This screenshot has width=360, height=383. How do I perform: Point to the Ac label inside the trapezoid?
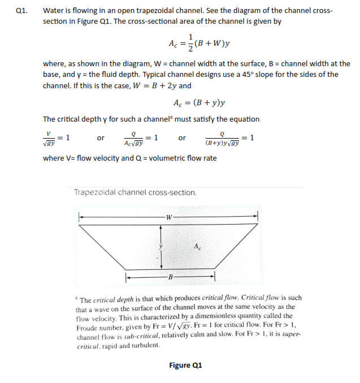coord(196,246)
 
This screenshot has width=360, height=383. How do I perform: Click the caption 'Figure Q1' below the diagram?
coord(185,365)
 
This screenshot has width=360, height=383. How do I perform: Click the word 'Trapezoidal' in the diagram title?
coord(96,192)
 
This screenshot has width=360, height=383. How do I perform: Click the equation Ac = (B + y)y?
coord(200,102)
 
